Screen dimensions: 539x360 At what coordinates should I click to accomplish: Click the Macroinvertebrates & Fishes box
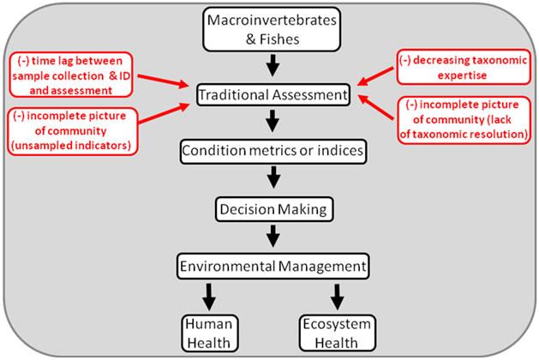click(x=272, y=29)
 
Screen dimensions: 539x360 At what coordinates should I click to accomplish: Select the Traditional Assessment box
click(x=273, y=94)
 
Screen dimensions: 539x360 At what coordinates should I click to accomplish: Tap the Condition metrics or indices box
click(x=273, y=151)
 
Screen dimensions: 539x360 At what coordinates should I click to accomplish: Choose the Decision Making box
click(x=274, y=209)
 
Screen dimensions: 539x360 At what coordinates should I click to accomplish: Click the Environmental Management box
click(x=273, y=266)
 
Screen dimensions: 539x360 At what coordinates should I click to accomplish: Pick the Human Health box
click(x=210, y=333)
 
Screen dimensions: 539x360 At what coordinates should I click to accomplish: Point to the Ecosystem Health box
click(x=338, y=333)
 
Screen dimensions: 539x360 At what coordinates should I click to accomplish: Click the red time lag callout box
click(x=71, y=75)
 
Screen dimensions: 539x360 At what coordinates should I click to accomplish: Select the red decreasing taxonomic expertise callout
click(x=464, y=67)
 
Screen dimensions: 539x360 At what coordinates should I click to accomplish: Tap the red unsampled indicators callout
click(x=72, y=131)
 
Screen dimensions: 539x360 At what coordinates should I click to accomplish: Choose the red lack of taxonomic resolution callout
click(x=464, y=120)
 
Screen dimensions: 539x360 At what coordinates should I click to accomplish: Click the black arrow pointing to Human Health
click(x=209, y=297)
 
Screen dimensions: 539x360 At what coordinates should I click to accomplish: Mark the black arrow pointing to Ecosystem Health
click(x=338, y=297)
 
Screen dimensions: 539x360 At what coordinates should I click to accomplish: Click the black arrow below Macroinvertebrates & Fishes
click(x=273, y=65)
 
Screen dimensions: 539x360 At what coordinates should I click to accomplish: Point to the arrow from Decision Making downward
click(x=273, y=236)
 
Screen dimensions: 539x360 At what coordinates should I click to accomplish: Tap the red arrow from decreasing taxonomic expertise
click(x=375, y=76)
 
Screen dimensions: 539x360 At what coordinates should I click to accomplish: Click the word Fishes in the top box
click(x=279, y=39)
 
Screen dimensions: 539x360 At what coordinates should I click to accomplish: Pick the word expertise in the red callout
click(x=462, y=75)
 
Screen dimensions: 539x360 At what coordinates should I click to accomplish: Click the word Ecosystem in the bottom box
click(x=337, y=324)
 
